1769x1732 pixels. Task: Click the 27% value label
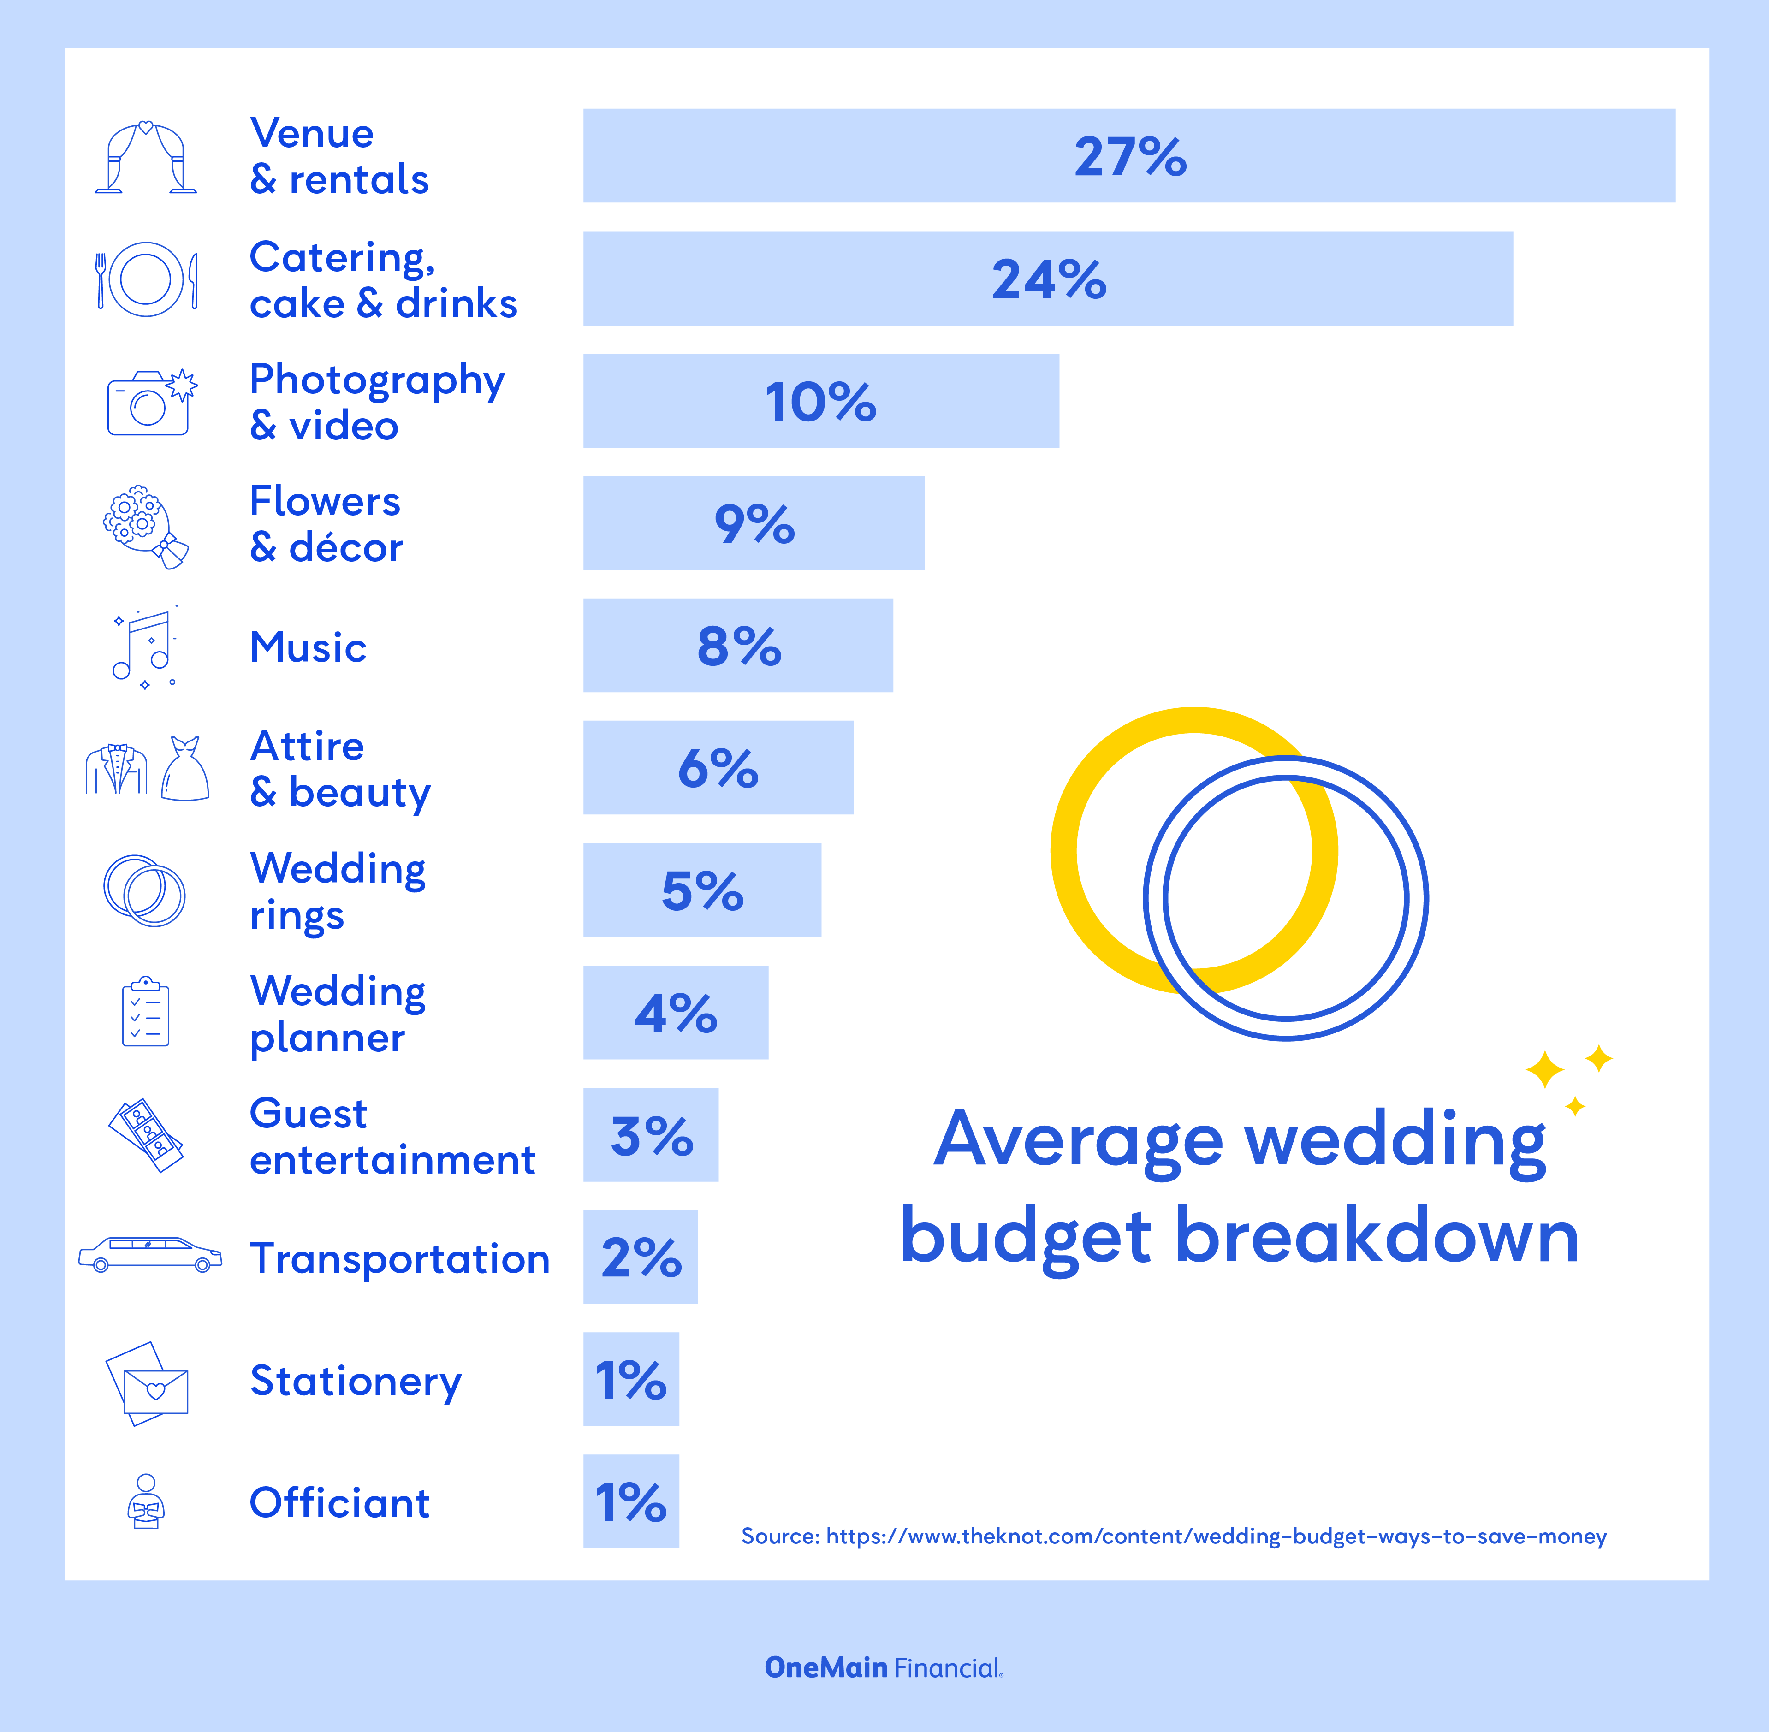1130,156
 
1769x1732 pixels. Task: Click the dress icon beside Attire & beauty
185,770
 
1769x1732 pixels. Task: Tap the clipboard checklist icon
146,1013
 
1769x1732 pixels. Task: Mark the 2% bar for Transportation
640,1257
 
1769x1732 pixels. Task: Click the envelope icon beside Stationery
148,1382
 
